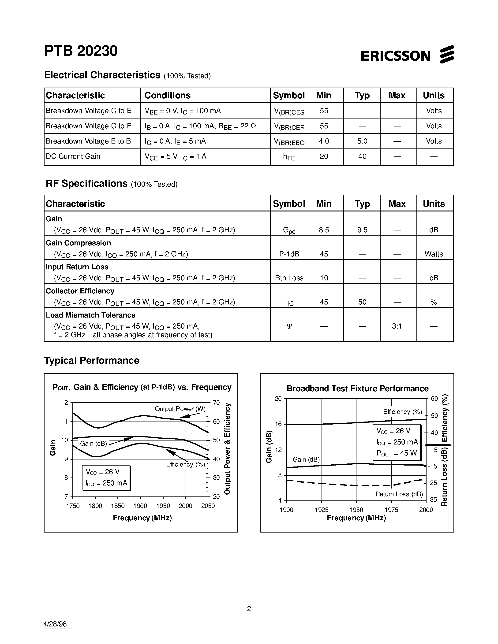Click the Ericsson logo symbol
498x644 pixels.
[x=447, y=54]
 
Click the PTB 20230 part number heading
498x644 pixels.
[x=81, y=51]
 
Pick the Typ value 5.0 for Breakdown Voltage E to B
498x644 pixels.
[x=362, y=141]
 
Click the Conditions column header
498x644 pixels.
[x=167, y=95]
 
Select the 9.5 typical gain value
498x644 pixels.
[x=362, y=230]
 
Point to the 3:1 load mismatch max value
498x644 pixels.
[x=397, y=326]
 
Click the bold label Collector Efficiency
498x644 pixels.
[x=80, y=291]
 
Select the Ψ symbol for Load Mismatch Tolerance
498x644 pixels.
[x=289, y=326]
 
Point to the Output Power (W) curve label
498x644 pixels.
[x=180, y=409]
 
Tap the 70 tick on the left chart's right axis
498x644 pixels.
[x=216, y=403]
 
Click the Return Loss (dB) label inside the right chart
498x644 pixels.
[x=399, y=494]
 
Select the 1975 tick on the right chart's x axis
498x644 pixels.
[x=392, y=510]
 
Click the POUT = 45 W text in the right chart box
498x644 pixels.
[x=397, y=453]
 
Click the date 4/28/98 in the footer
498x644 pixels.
[x=55, y=624]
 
